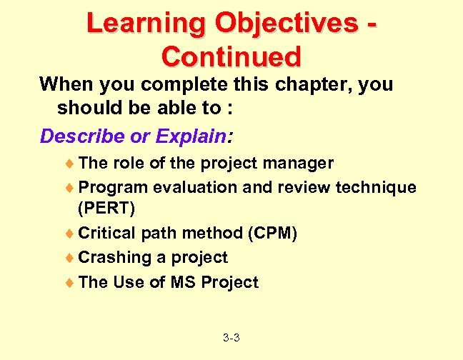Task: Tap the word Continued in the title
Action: click(231, 56)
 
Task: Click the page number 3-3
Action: click(231, 336)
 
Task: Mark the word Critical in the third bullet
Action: click(106, 234)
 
